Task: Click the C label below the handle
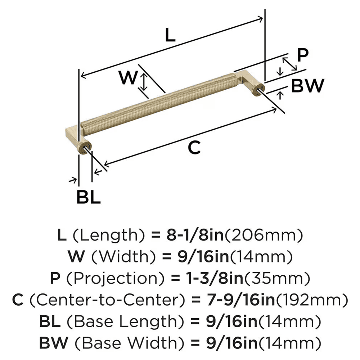(x=194, y=148)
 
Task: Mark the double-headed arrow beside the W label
(x=144, y=82)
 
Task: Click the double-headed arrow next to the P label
(x=289, y=64)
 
